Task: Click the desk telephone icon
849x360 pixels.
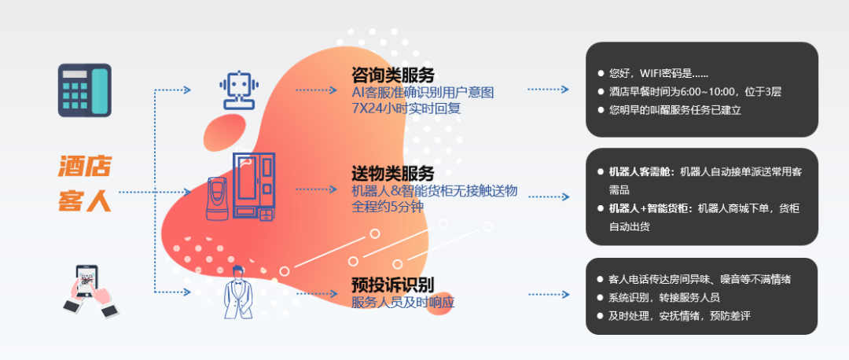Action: click(x=85, y=90)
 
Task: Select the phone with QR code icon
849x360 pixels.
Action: click(x=89, y=289)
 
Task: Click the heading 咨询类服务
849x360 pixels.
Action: click(x=393, y=76)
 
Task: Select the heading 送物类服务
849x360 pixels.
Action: click(x=393, y=174)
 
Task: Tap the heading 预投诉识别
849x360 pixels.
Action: click(x=393, y=285)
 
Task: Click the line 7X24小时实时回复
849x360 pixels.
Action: click(x=406, y=108)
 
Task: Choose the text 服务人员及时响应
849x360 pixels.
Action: click(x=403, y=302)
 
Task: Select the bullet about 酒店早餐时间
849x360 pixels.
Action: click(x=694, y=92)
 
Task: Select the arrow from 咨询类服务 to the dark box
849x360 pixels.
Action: click(x=548, y=90)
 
